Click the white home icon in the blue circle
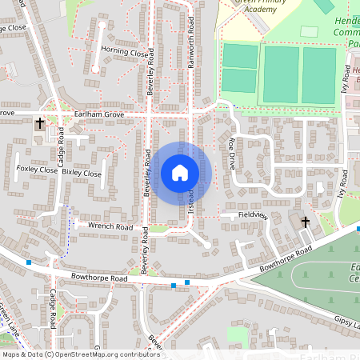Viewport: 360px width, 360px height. (x=180, y=172)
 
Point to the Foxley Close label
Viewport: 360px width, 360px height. (x=38, y=170)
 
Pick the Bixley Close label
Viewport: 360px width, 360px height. (x=82, y=173)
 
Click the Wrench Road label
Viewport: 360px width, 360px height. (x=110, y=226)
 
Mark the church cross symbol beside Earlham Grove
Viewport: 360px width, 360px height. (x=40, y=124)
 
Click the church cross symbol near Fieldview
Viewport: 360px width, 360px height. (x=305, y=221)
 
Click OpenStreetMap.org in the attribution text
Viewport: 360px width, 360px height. (x=87, y=354)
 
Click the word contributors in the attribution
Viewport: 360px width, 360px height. (x=138, y=354)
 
